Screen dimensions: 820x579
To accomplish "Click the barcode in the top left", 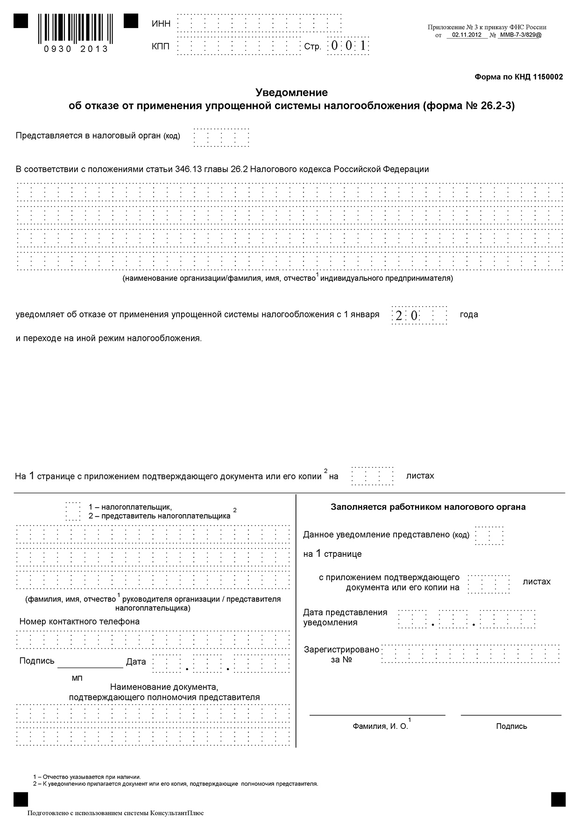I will point(76,28).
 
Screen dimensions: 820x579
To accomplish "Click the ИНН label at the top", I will point(161,24).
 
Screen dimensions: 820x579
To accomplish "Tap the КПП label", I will point(161,46).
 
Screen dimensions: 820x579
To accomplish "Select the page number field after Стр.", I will point(348,46).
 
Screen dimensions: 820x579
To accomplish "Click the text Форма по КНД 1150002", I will point(518,77).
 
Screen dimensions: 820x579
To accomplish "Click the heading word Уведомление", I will point(291,93).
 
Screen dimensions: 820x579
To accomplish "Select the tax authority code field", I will point(221,137).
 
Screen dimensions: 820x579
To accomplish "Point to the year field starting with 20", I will point(419,315).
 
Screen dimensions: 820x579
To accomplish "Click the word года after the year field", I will point(469,314).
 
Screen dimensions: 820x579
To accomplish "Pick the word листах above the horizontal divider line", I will point(420,475).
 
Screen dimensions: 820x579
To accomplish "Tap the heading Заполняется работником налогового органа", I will point(428,507).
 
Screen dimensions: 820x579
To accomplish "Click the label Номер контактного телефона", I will point(79,621).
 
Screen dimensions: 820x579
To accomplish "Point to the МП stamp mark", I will point(77,678).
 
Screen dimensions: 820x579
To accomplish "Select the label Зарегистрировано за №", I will point(341,655).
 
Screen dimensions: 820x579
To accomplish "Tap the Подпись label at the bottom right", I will point(511,726).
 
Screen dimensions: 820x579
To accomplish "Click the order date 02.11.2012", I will point(467,35).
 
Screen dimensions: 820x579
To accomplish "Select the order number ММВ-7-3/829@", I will point(520,35).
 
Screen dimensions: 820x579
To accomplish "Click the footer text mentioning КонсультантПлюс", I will point(116,813).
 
